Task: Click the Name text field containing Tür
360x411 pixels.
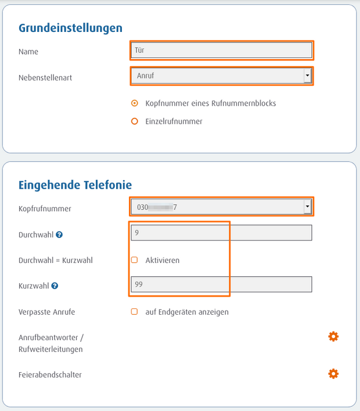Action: pos(221,50)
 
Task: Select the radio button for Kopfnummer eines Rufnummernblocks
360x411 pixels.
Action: pos(135,103)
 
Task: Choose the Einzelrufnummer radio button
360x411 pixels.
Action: pos(135,121)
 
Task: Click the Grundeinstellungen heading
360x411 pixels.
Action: pos(70,28)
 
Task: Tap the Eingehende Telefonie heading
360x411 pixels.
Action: pos(75,185)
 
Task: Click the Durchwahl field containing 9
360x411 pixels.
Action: pos(221,233)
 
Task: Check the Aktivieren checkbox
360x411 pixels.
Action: pos(135,260)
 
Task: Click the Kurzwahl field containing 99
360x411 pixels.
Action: pos(221,284)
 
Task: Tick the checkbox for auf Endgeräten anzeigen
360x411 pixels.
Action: pos(135,312)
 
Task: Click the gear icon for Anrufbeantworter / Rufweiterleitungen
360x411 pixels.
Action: pos(333,337)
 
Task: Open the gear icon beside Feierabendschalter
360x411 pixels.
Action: pos(333,374)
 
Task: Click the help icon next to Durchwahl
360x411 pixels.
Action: pos(60,235)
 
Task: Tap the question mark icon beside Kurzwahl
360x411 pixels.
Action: pos(55,286)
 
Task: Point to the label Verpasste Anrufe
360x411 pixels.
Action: pos(47,312)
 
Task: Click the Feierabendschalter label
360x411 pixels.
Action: pos(50,374)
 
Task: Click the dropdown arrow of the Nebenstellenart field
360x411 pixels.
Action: pos(307,75)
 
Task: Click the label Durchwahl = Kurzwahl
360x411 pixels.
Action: pos(56,260)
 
